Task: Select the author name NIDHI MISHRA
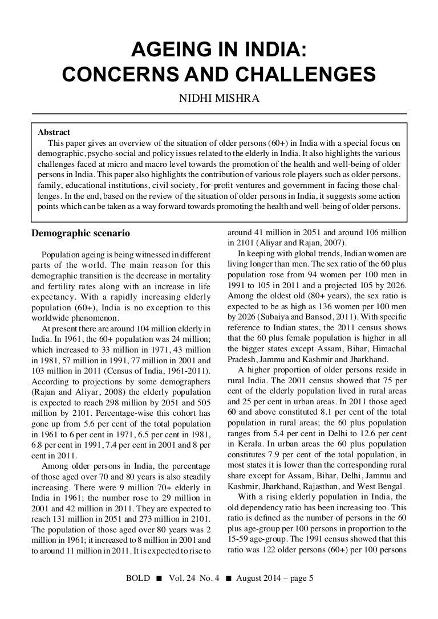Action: click(x=219, y=101)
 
